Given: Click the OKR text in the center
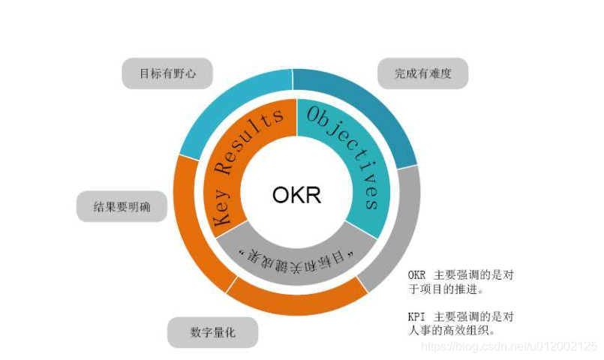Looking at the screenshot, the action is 296,195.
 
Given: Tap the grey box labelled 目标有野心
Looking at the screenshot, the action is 167,74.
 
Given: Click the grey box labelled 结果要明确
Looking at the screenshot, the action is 122,206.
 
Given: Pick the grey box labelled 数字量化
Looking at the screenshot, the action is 212,332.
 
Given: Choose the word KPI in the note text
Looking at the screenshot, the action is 417,316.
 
